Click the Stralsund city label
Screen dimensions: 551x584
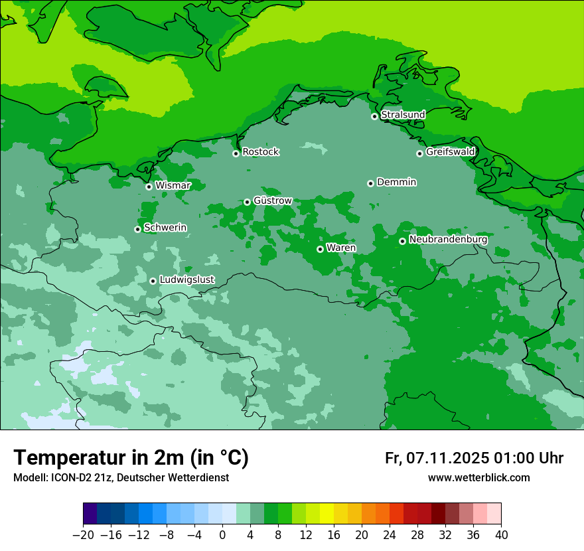(x=403, y=115)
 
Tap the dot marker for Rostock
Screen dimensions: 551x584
(x=236, y=153)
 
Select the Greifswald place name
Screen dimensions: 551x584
(x=450, y=152)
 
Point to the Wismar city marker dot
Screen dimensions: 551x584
(x=149, y=187)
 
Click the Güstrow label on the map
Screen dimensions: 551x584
(x=273, y=200)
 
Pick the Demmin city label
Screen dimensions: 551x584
(x=396, y=182)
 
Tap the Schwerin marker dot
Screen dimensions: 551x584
(x=137, y=229)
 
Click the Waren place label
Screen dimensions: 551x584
(x=341, y=248)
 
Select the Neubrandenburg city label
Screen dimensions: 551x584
(x=448, y=240)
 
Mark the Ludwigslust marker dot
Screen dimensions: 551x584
(x=153, y=281)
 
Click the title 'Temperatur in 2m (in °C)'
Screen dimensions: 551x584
(x=131, y=458)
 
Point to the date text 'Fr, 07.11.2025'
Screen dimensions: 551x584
(x=437, y=459)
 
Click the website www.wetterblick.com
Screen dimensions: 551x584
(x=478, y=478)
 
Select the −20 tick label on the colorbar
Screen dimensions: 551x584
(x=83, y=534)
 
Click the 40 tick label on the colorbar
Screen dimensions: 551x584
(x=501, y=534)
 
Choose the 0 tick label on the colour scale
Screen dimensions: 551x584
(x=222, y=534)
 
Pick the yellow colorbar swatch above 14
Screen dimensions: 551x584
(x=327, y=514)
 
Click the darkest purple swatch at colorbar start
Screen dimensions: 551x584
(x=90, y=514)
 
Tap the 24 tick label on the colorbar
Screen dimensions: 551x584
(x=390, y=534)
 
